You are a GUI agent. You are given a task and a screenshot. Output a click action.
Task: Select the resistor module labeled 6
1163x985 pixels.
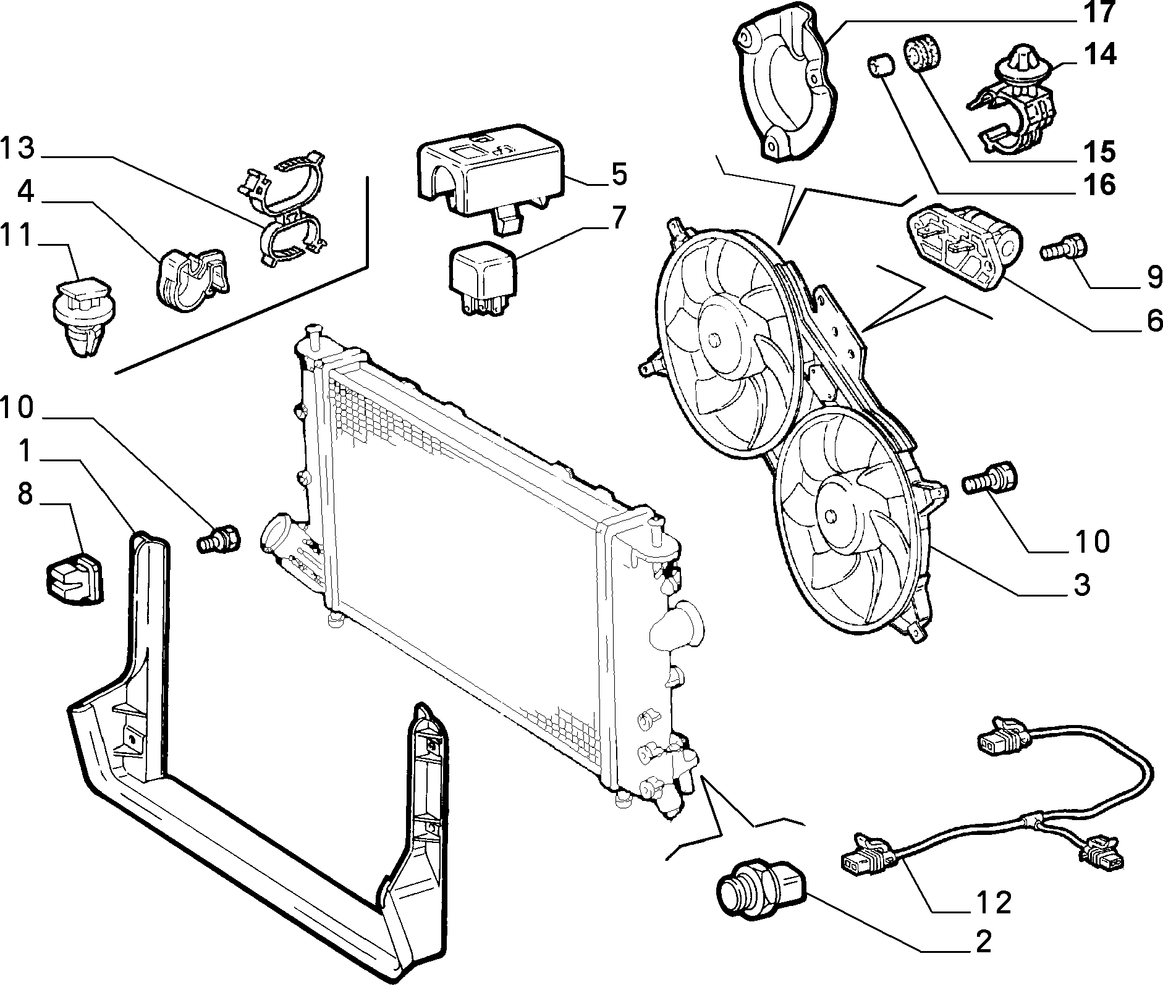[x=964, y=247]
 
